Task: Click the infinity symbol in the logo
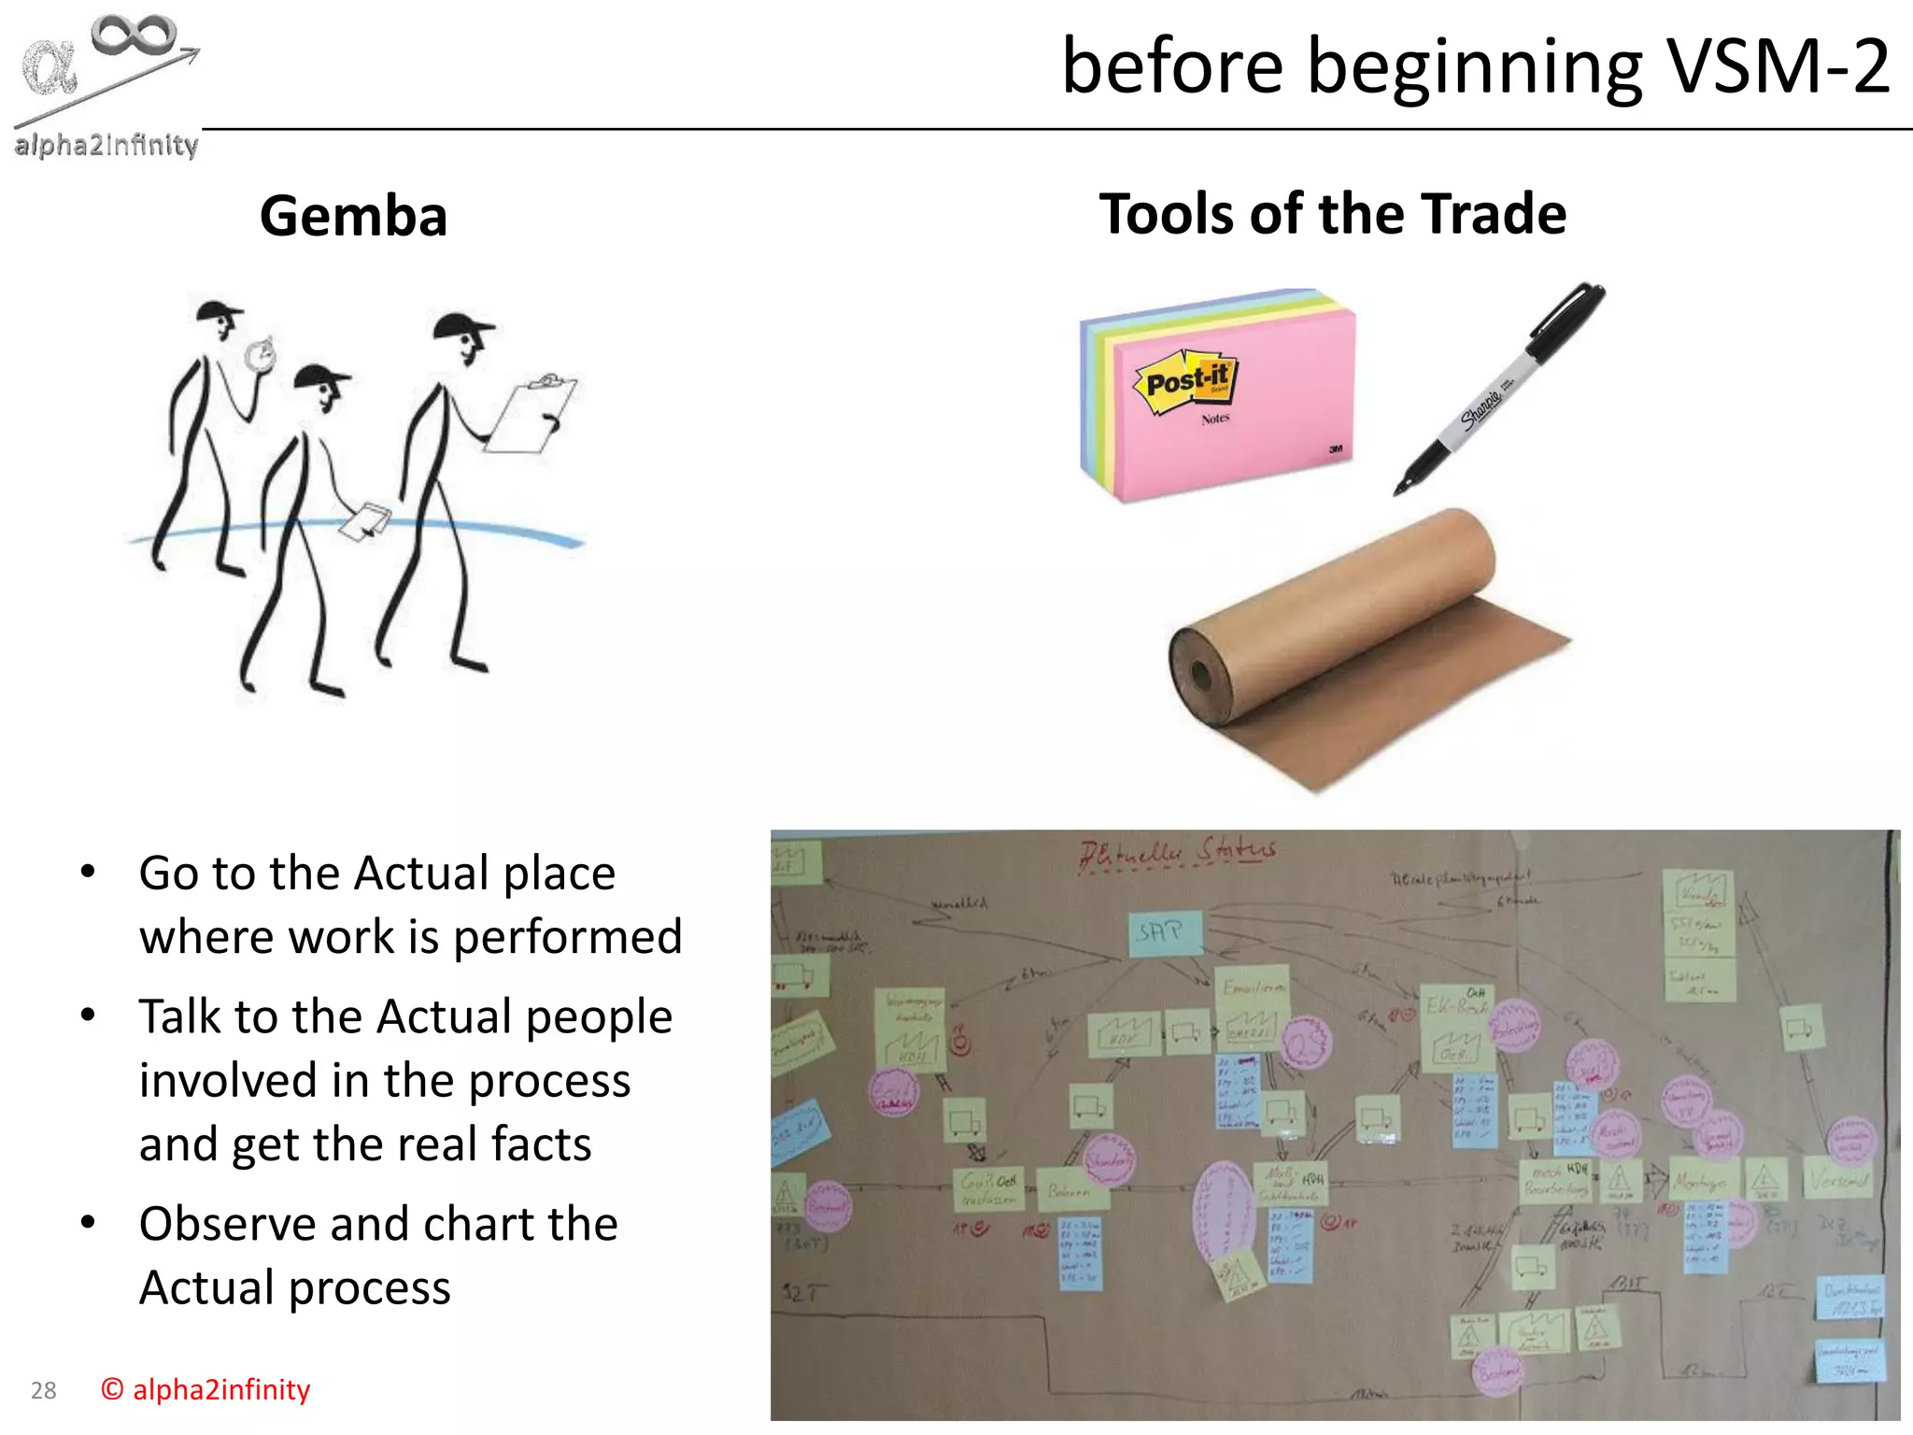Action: pos(134,36)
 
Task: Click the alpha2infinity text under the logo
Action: pos(106,146)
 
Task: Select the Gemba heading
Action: pos(353,216)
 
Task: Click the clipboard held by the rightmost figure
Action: pos(530,415)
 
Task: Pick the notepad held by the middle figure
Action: pos(364,521)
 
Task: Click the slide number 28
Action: pos(44,1391)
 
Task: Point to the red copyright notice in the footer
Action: pos(205,1390)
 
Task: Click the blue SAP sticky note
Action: pos(1162,932)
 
